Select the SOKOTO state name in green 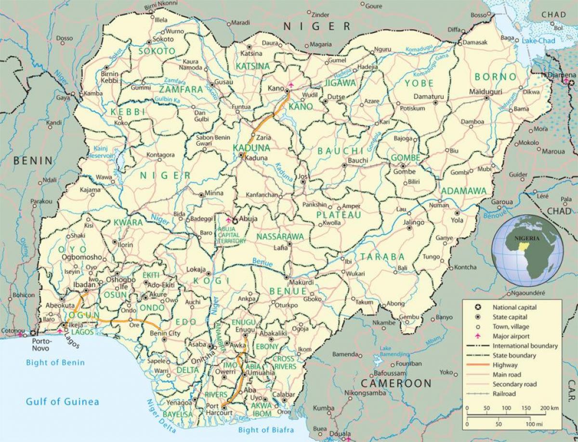pyautogui.click(x=157, y=51)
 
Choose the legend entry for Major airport pyautogui.click(x=510, y=336)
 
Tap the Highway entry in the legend pyautogui.click(x=503, y=365)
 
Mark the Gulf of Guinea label pyautogui.click(x=63, y=402)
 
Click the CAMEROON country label pyautogui.click(x=396, y=384)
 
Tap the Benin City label pyautogui.click(x=166, y=334)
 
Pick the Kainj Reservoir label pyautogui.click(x=102, y=152)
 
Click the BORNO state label pyautogui.click(x=495, y=77)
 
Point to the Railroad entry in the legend pyautogui.click(x=504, y=394)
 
